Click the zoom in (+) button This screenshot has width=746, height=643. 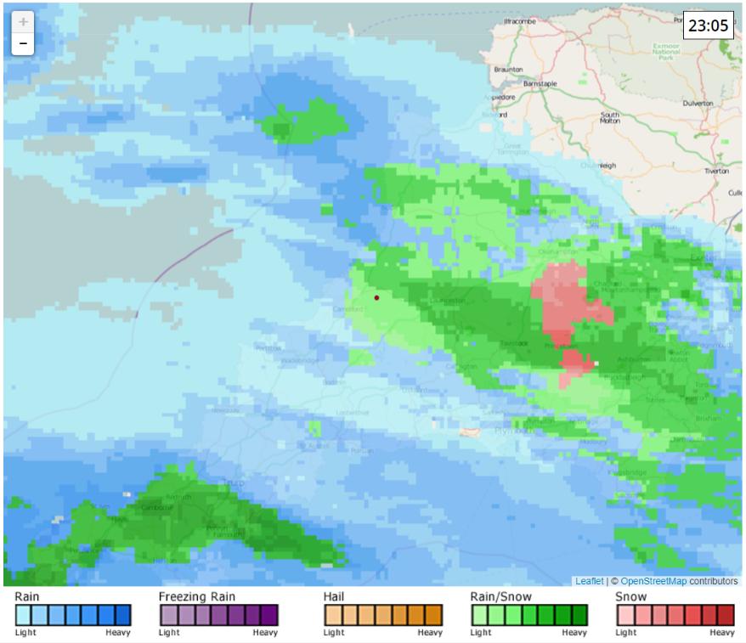23,22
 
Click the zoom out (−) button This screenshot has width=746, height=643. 23,43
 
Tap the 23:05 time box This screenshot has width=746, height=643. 708,25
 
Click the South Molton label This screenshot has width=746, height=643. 610,118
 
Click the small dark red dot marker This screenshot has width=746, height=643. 376,297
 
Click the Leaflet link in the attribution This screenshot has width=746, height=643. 589,581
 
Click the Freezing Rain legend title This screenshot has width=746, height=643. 196,597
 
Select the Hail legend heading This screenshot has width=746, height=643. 334,597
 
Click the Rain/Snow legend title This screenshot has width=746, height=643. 500,597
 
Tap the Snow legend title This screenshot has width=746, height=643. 630,597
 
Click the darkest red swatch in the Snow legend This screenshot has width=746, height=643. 725,614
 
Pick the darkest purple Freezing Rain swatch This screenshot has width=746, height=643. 269,614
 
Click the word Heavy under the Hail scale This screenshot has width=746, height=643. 430,633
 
